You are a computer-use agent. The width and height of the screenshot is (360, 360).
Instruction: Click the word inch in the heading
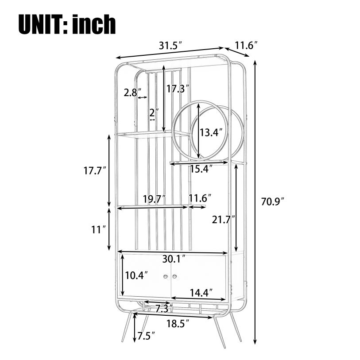[94, 24]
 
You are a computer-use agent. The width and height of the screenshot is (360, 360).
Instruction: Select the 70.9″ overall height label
[273, 201]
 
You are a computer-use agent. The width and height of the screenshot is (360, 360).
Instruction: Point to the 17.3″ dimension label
[178, 89]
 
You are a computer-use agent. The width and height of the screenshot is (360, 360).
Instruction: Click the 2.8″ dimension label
[132, 93]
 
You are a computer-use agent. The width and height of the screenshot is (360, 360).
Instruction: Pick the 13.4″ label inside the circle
[211, 132]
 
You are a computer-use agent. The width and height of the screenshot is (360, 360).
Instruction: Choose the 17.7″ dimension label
[95, 170]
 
